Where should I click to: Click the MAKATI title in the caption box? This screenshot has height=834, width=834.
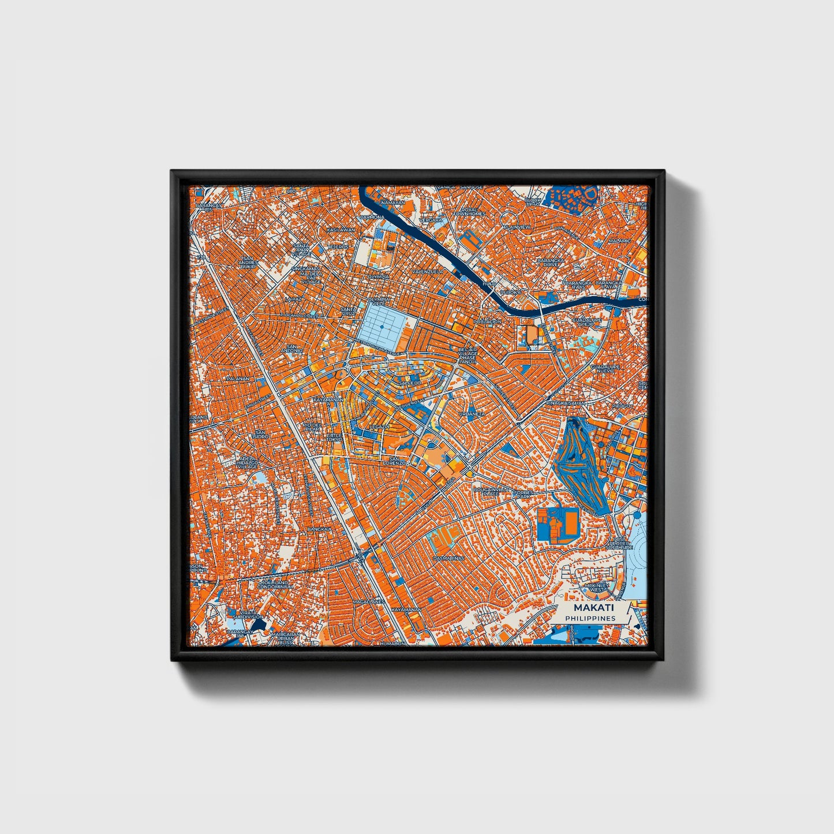594,608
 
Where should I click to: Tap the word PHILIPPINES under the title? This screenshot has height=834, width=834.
590,618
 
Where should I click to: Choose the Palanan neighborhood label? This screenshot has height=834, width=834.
238,379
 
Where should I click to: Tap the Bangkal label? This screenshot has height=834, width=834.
319,528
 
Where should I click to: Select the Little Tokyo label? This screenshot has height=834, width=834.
334,437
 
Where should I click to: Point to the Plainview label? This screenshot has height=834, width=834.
517,227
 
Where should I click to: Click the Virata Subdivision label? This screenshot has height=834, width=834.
248,614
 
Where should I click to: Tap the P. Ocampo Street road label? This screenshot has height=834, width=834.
306,316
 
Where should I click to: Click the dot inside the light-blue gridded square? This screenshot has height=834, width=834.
382,327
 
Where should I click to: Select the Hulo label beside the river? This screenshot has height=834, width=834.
489,284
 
